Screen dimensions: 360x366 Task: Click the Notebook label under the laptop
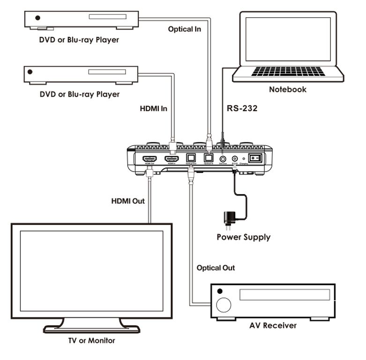click(287, 89)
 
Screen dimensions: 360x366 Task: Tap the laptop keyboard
click(288, 71)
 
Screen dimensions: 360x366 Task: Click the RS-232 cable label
click(242, 109)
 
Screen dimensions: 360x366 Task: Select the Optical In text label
click(185, 29)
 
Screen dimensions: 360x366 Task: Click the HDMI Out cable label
click(128, 201)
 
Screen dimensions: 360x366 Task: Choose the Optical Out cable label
click(216, 268)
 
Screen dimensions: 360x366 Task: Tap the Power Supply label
click(243, 237)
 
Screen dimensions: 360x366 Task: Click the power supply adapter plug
click(230, 218)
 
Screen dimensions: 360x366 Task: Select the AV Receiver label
click(273, 325)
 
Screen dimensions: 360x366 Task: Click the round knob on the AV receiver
click(224, 305)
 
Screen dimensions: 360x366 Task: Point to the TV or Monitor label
click(91, 340)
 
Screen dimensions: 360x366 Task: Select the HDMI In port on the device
click(172, 158)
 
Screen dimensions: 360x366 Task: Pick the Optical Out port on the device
click(191, 158)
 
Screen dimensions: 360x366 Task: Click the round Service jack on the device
click(223, 159)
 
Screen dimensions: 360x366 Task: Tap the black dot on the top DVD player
click(37, 18)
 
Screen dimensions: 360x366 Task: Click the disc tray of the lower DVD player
click(107, 72)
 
